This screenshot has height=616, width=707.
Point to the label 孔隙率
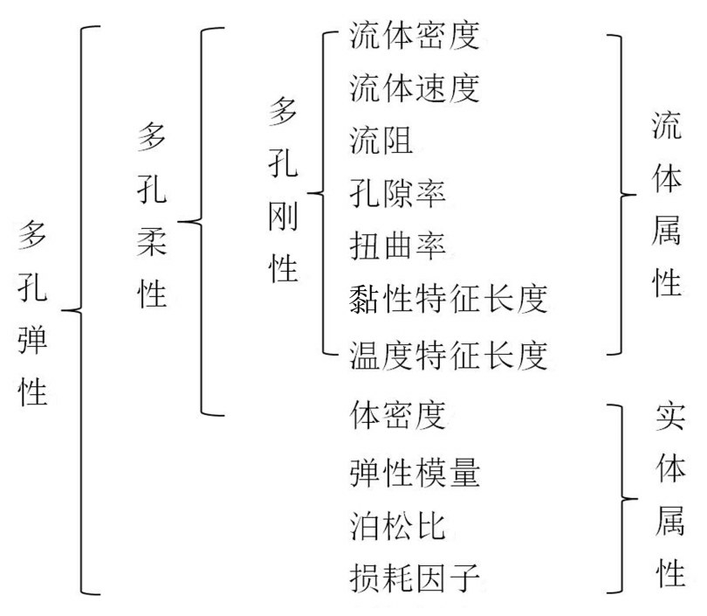click(x=397, y=193)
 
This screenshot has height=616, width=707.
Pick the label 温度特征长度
click(x=447, y=353)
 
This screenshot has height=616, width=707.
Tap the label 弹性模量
click(x=414, y=472)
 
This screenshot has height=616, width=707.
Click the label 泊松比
click(x=397, y=526)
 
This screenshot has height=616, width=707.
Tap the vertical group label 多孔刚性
click(x=283, y=191)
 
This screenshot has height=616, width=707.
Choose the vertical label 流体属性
click(x=667, y=205)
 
